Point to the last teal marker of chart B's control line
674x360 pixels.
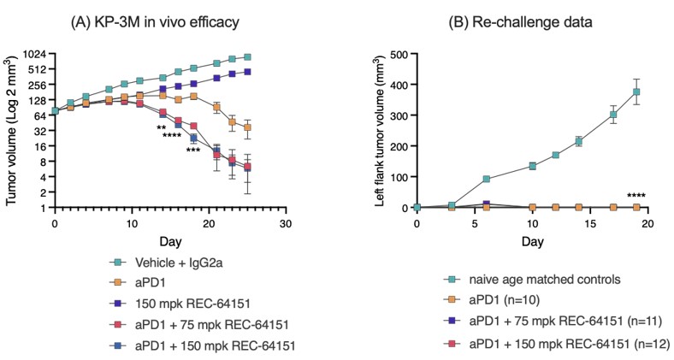pos(636,91)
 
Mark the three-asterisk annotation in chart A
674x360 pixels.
pos(193,150)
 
